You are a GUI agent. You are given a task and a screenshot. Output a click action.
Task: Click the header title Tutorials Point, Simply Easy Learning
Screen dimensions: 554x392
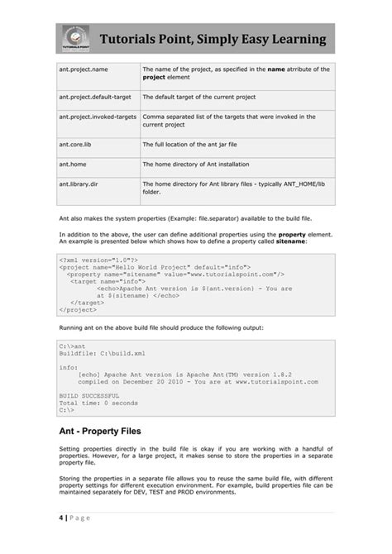[213, 41]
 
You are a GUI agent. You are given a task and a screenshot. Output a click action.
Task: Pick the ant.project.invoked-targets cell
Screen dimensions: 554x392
[97, 117]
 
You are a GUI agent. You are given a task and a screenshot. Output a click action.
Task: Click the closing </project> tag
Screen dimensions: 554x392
[78, 309]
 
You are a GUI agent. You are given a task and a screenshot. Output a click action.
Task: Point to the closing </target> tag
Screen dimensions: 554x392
[87, 302]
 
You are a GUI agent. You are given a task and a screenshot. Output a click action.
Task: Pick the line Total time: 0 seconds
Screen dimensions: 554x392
[98, 403]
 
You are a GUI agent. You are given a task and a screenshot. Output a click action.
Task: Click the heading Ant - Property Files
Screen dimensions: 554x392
[99, 431]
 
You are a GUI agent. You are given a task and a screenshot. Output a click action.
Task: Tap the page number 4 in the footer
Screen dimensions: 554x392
[61, 518]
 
